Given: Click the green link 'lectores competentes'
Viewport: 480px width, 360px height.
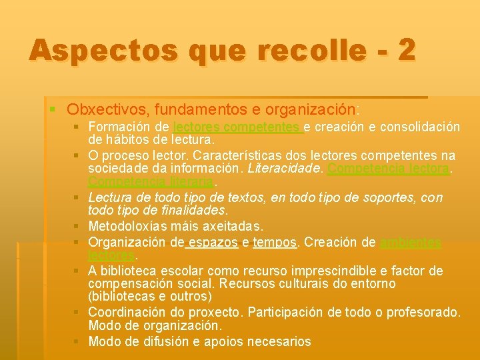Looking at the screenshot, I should coord(237,127).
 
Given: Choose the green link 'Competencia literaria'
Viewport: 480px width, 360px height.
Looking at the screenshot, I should coord(151,182).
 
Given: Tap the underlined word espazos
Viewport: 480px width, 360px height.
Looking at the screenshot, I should coord(214,242).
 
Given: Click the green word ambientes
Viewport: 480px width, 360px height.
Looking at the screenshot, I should coord(411,243).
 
